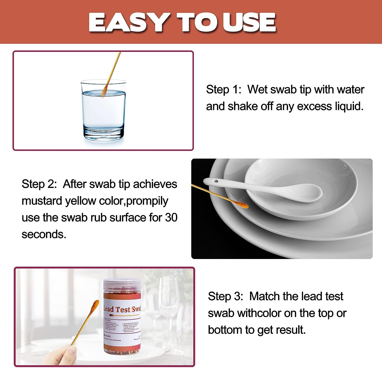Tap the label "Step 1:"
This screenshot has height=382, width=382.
[x=223, y=90]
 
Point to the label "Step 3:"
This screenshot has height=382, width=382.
[x=225, y=296]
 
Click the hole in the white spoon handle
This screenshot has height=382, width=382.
[x=216, y=182]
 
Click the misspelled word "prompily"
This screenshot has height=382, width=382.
[x=147, y=201]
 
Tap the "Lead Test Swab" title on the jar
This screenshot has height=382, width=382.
[x=122, y=309]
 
